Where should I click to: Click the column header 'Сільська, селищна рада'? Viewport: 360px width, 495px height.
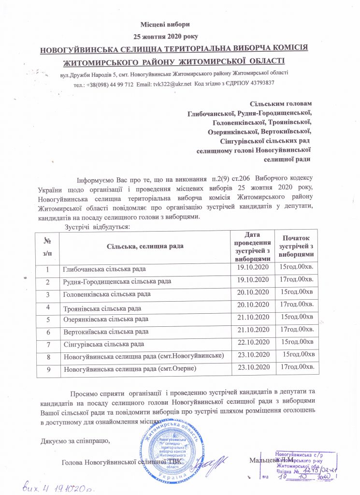(x=144, y=247)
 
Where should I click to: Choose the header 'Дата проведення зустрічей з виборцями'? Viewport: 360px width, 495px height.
(x=251, y=247)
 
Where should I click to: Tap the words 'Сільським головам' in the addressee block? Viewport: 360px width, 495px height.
(x=280, y=104)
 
